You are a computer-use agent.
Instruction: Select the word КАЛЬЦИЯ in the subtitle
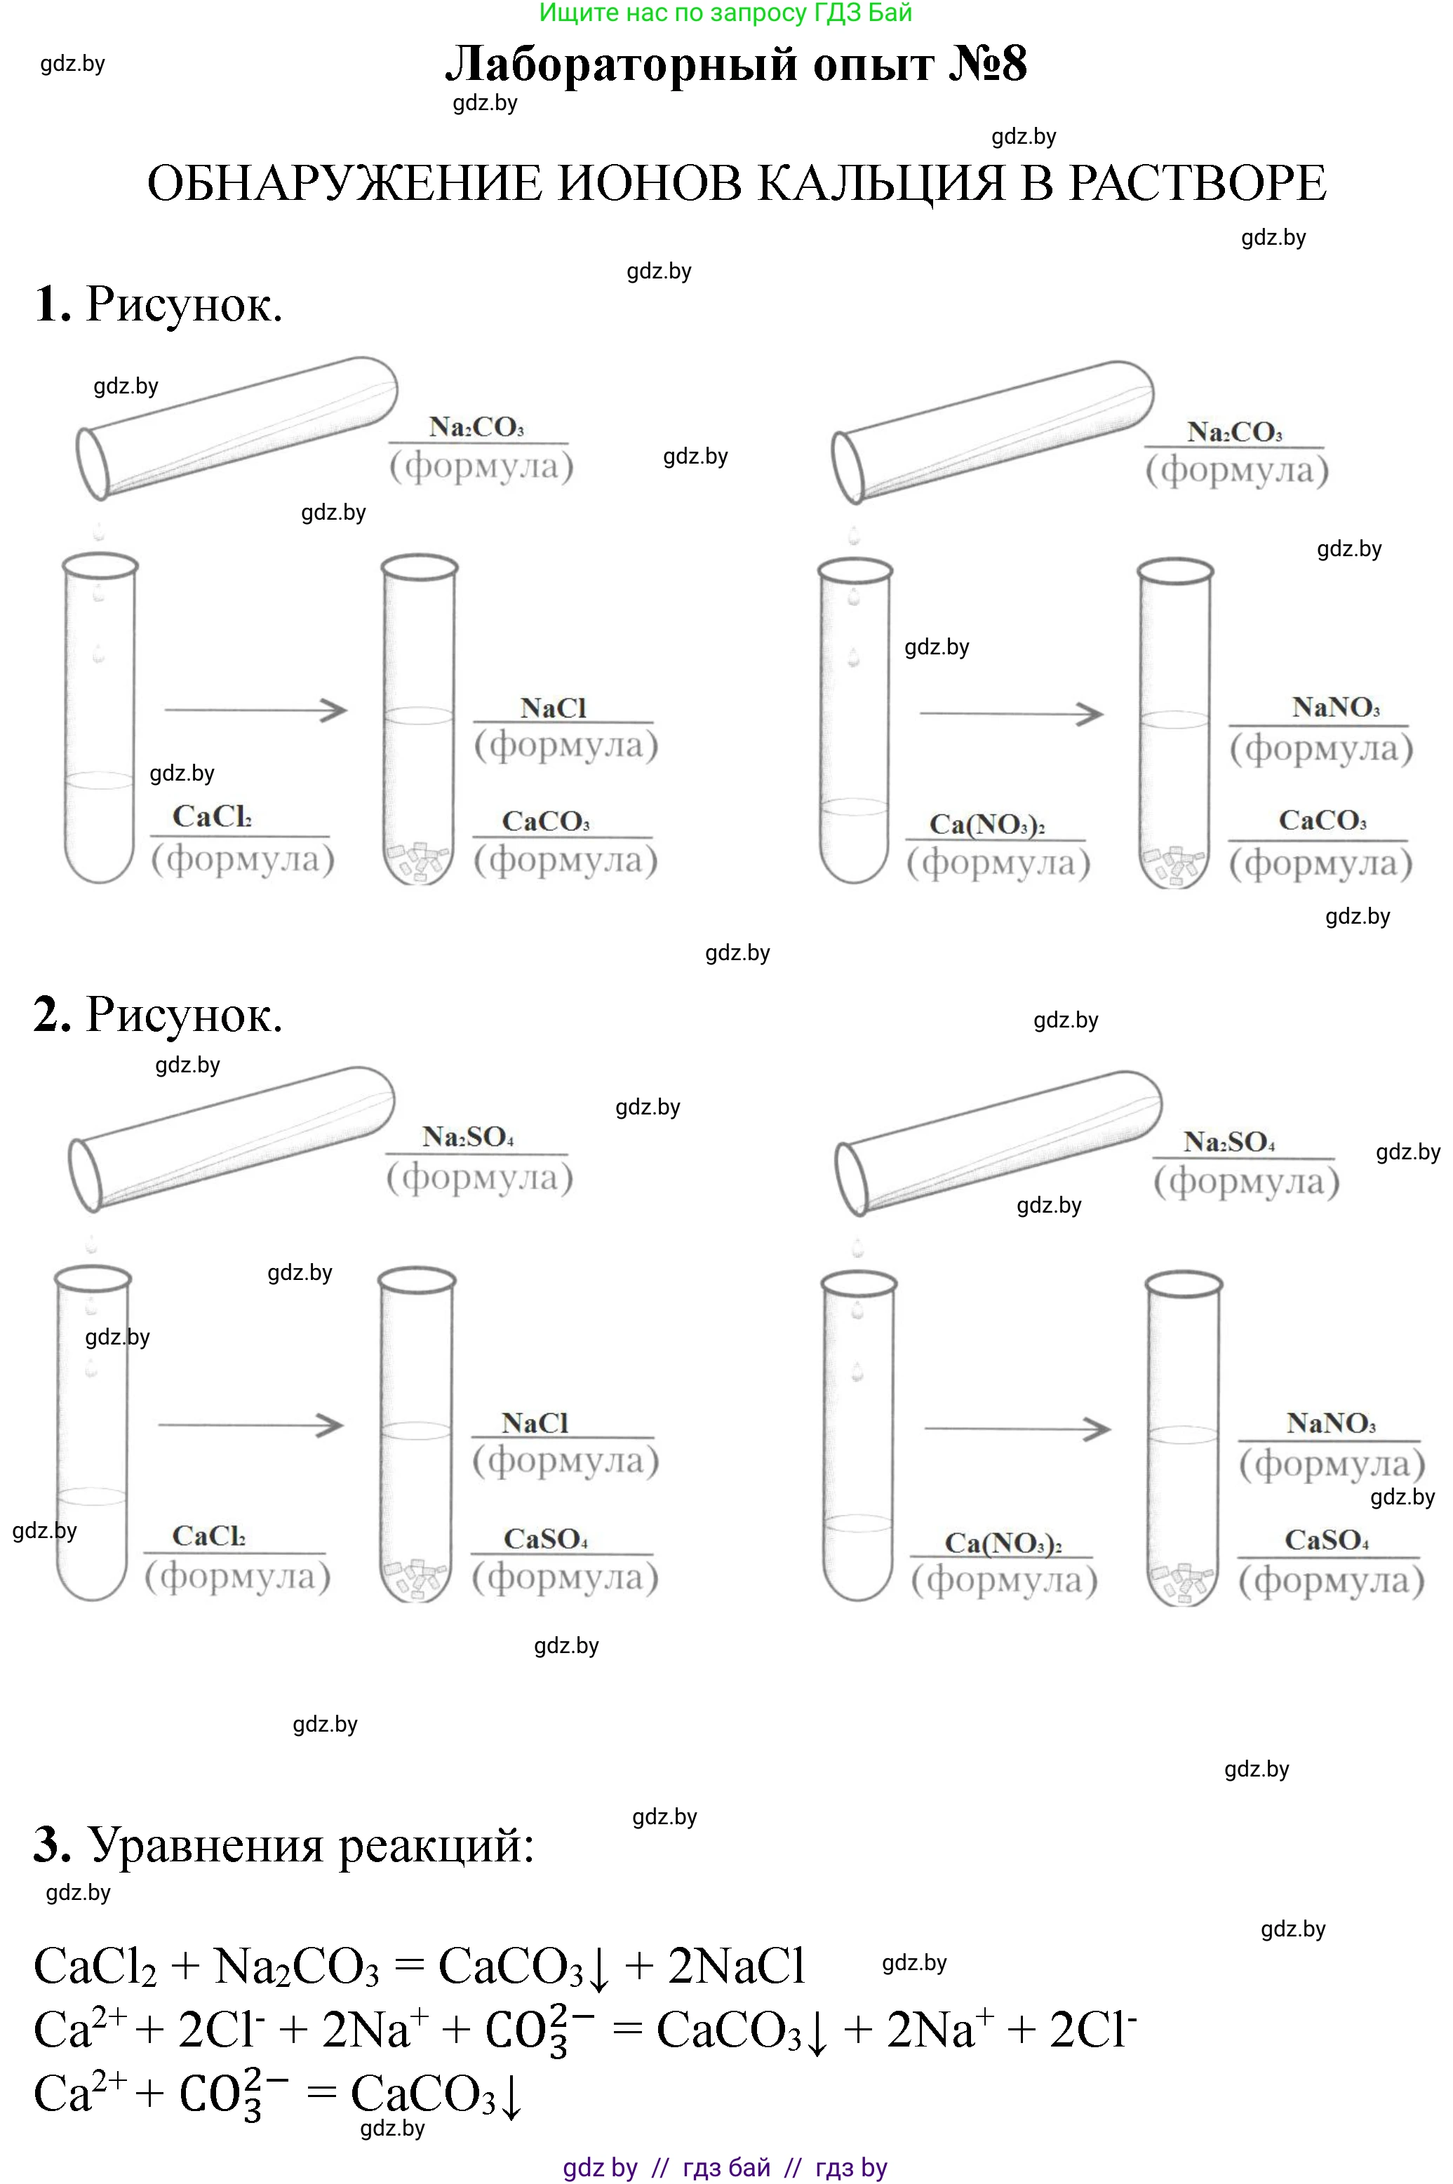coord(881,182)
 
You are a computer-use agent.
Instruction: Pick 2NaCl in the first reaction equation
coord(737,1965)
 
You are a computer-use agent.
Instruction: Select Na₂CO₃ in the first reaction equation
coord(297,1967)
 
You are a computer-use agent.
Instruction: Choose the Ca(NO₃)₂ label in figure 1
coord(987,823)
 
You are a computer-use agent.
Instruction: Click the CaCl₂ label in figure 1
coord(212,816)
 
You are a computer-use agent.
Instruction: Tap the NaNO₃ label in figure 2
coord(1331,1422)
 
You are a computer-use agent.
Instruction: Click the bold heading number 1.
coord(53,304)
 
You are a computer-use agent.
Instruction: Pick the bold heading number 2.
coord(53,1014)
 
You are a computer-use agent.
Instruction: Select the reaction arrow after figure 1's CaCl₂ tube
coord(256,710)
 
